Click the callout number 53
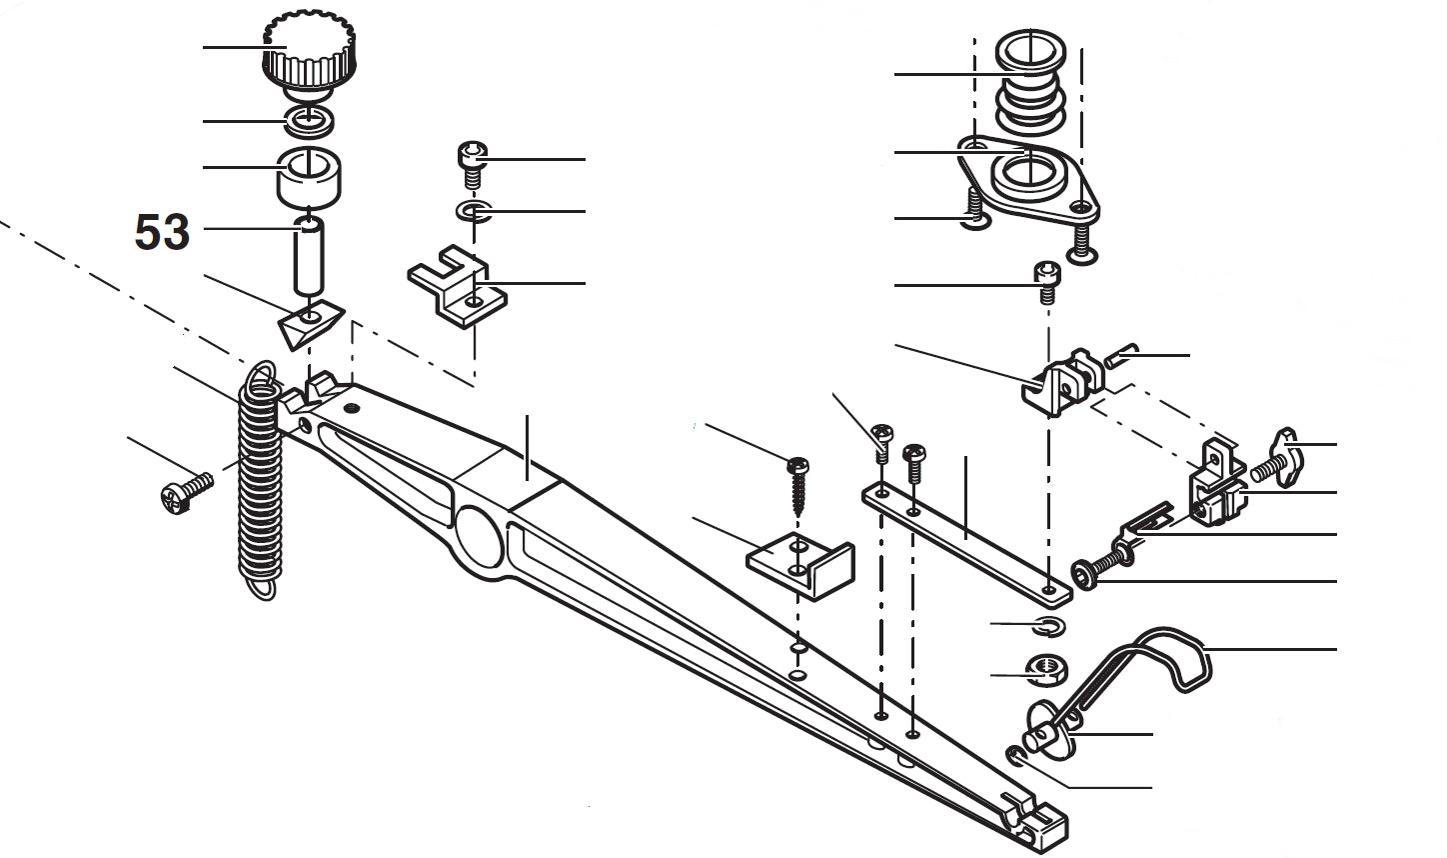point(162,232)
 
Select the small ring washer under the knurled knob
point(310,121)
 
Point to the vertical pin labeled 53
point(310,260)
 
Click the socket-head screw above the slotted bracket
point(473,164)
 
